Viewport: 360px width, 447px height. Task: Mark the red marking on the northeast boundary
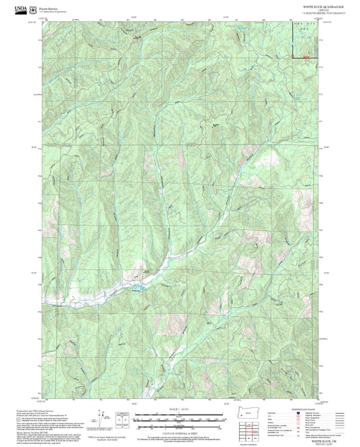307,57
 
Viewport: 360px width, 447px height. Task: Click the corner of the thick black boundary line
292,59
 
